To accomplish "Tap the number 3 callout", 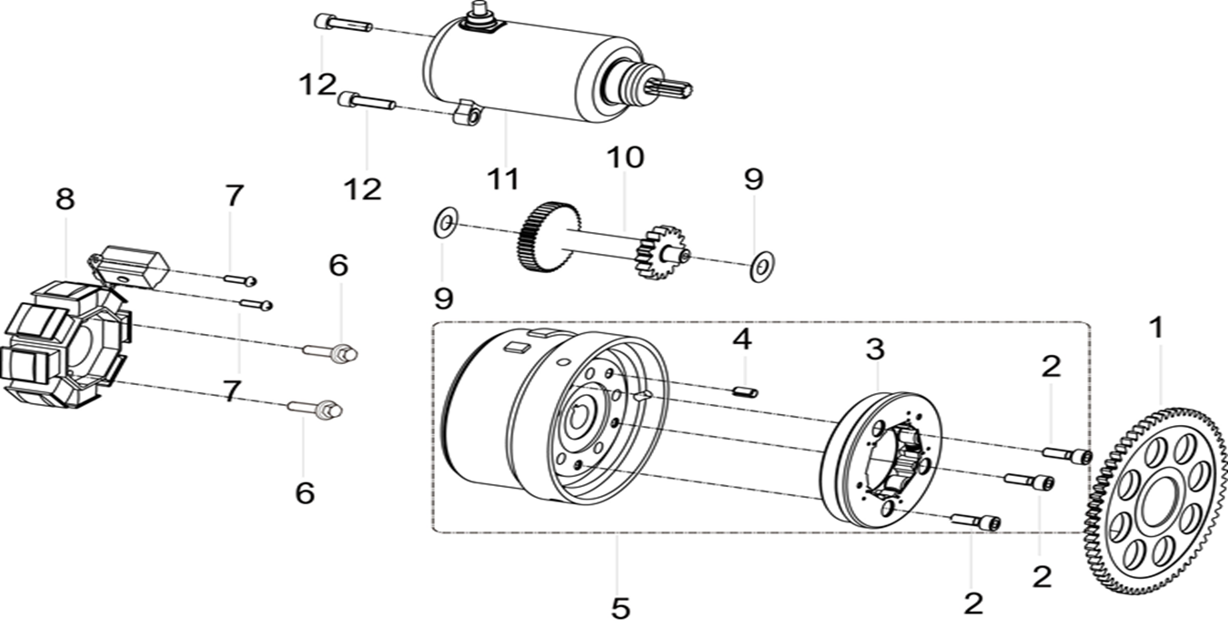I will coord(874,349).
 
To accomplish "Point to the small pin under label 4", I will coord(745,391).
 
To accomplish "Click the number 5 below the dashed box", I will coord(620,607).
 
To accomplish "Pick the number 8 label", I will coord(65,199).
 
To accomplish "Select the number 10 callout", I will coord(625,157).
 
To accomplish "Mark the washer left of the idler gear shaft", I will coord(445,222).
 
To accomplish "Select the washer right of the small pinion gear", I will coord(761,265).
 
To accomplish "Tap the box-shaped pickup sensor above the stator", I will coord(134,264).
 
